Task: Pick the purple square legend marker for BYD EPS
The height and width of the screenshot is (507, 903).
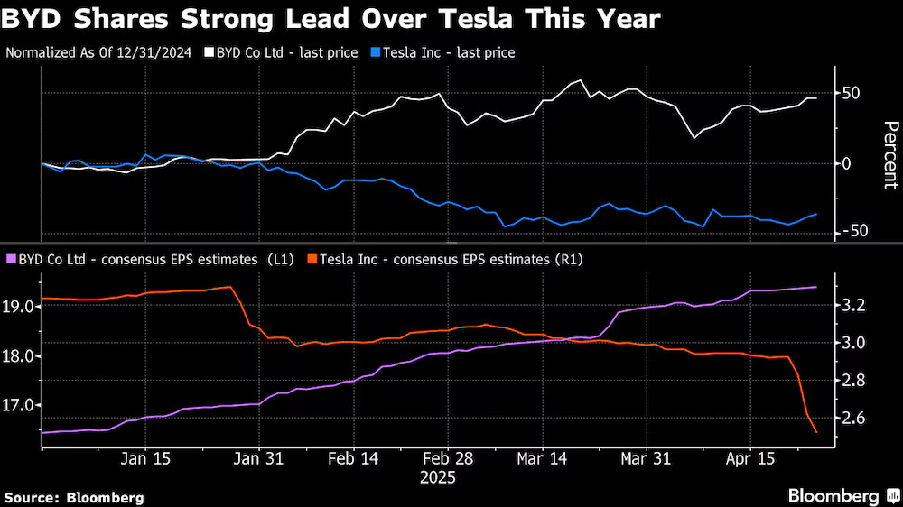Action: click(x=11, y=260)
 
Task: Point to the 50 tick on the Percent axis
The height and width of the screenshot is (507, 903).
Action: click(x=852, y=94)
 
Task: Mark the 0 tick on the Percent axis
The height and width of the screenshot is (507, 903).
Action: click(x=847, y=163)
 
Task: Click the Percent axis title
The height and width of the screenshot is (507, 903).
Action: click(x=889, y=154)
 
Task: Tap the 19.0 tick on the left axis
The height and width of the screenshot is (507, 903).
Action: click(x=20, y=307)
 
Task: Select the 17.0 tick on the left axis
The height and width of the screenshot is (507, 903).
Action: click(x=20, y=405)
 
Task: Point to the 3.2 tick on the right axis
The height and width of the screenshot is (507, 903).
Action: click(x=854, y=306)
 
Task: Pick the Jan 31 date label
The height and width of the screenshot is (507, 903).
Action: click(x=258, y=458)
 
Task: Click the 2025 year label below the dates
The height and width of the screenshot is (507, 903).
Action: click(x=438, y=477)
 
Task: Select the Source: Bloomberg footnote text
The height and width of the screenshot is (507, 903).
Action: click(x=74, y=497)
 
